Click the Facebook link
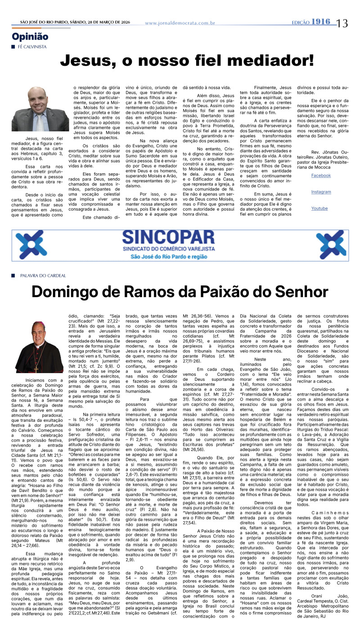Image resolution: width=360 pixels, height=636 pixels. pos(321,176)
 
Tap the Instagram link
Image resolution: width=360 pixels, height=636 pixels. pos(321,192)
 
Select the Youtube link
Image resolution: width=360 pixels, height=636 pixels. pos(319,208)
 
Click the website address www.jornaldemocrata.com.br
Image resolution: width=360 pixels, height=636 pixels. pos(180,23)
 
